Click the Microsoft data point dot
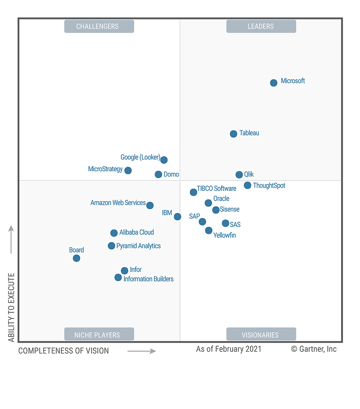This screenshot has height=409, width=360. (274, 83)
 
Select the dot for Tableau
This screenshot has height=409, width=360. (233, 134)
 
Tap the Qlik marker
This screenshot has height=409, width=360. (239, 175)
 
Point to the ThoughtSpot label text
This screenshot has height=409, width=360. (269, 186)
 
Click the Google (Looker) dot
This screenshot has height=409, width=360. (164, 160)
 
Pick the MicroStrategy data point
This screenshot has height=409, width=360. (128, 170)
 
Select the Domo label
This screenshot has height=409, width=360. (171, 175)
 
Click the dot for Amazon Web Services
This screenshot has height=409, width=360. (150, 206)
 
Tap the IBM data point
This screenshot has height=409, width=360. (177, 217)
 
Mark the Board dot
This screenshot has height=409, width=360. (76, 258)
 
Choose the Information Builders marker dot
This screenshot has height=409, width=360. (118, 278)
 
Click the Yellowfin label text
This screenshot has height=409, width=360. (225, 235)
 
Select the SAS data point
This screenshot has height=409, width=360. (225, 223)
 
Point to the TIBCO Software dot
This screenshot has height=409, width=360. (193, 192)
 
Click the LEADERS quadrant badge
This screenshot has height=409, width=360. (261, 27)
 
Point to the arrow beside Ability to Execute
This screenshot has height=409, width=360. (11, 239)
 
